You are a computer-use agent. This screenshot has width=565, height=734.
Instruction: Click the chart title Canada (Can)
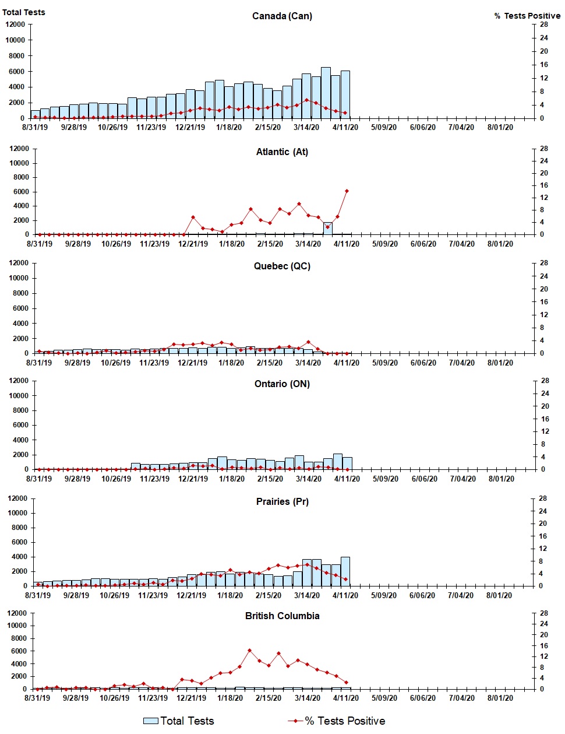coord(282,16)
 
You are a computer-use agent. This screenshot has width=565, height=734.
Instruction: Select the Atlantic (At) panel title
coord(282,152)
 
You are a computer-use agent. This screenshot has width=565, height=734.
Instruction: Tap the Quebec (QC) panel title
coord(282,266)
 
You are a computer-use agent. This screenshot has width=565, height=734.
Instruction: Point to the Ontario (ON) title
coord(282,384)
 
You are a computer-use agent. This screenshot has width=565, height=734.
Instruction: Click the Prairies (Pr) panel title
coord(282,501)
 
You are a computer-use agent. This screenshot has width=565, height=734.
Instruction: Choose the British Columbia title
coord(282,616)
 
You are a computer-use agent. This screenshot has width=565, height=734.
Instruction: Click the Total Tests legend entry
coord(179,721)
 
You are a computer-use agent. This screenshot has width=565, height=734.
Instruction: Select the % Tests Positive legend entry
coord(337,721)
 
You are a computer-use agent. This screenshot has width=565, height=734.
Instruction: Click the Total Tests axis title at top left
coord(23,12)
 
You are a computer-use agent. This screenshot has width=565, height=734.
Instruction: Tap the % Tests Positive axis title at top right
coord(527,16)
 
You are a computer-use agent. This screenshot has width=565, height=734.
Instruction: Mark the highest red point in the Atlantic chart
coord(347,191)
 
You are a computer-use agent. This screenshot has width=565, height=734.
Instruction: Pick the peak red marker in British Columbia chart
coord(249,650)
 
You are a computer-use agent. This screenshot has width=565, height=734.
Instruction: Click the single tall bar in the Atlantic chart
coord(328,229)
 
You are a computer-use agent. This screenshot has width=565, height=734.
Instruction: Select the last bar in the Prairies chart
coord(345,571)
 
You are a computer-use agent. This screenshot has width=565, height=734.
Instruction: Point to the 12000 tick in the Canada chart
coord(15,24)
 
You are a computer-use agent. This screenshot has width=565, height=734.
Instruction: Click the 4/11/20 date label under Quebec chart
coord(347,363)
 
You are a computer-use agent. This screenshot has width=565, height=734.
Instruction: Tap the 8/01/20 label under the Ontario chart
coord(501,479)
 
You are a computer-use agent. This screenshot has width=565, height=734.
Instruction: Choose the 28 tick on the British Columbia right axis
coord(543,613)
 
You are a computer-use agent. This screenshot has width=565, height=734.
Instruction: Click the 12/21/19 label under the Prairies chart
coord(192,595)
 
